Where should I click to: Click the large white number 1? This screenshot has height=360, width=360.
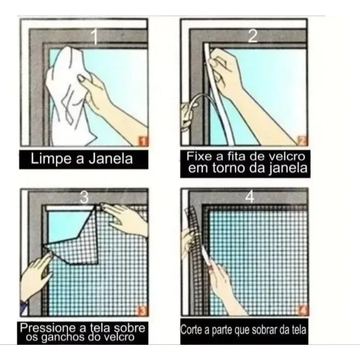pos(94,37)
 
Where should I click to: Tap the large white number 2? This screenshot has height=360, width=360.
pos(253,36)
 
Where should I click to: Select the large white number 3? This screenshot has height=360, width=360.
pos(84,197)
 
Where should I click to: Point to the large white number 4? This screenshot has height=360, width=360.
pos(250,197)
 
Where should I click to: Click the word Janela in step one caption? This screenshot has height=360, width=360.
pos(111,159)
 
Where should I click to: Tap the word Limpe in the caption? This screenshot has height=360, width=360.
pos(51,159)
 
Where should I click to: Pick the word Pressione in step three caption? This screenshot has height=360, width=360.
pos(48,328)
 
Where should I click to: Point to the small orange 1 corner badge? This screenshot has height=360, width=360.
pos(143,140)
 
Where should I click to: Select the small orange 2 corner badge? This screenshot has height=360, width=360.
pos(302,140)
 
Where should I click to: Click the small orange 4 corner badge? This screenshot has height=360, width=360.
pos(303,310)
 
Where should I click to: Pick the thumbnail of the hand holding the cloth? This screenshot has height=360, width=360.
pos(82,79)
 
